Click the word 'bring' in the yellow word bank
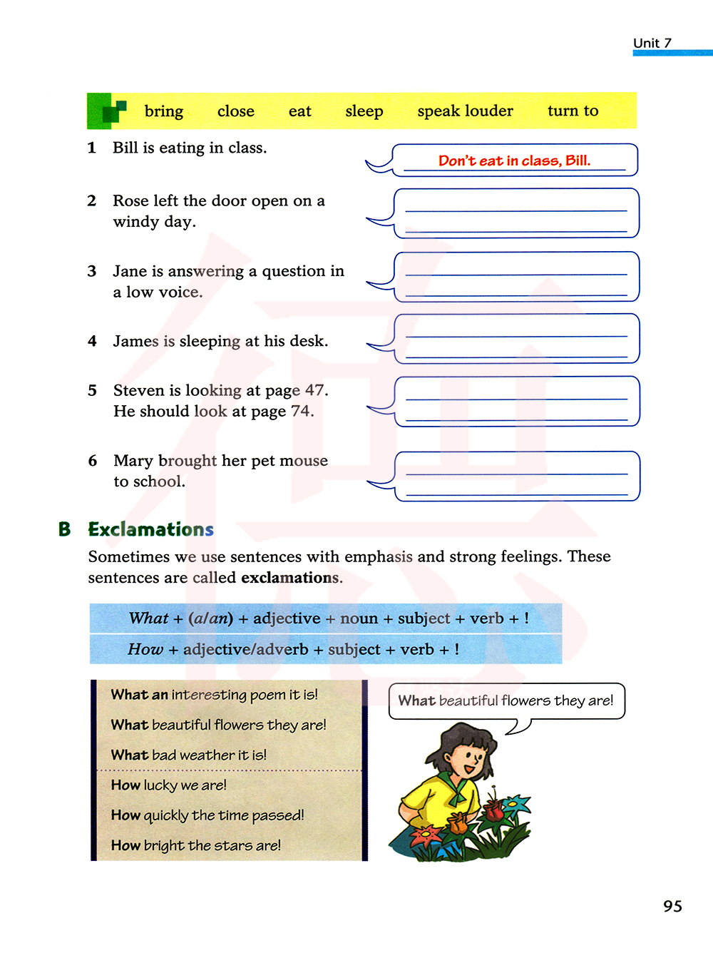[x=163, y=111]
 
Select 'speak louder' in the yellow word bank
[x=465, y=111]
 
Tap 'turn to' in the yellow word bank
[x=573, y=111]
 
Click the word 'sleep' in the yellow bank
[x=364, y=111]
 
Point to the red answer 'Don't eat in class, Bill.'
[x=514, y=160]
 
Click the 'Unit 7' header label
[x=652, y=43]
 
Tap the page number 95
[x=672, y=906]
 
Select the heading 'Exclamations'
[x=150, y=529]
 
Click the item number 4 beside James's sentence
[x=92, y=341]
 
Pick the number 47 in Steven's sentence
[x=316, y=390]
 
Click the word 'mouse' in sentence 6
[x=304, y=461]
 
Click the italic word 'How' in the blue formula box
[x=145, y=649]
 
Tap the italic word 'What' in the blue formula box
[x=148, y=618]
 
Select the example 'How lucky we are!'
[x=169, y=785]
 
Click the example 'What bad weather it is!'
[x=189, y=755]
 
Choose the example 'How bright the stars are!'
[x=196, y=845]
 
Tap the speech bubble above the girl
[x=506, y=700]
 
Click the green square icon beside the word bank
[x=106, y=111]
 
